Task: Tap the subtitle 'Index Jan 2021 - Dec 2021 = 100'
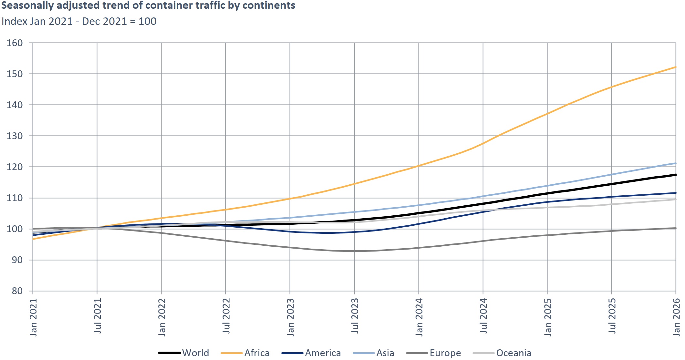pos(79,21)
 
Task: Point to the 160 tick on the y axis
pos(15,43)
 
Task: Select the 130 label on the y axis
pos(15,136)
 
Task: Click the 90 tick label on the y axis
pos(17,260)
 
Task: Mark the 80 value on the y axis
pos(17,291)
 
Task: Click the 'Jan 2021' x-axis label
pos(34,317)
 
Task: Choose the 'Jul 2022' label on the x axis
pos(226,316)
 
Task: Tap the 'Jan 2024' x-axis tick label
pos(419,317)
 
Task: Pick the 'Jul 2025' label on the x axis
pos(612,316)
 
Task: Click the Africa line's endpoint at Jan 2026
pos(676,67)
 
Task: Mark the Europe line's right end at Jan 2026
pos(676,228)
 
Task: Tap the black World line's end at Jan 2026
pos(676,175)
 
